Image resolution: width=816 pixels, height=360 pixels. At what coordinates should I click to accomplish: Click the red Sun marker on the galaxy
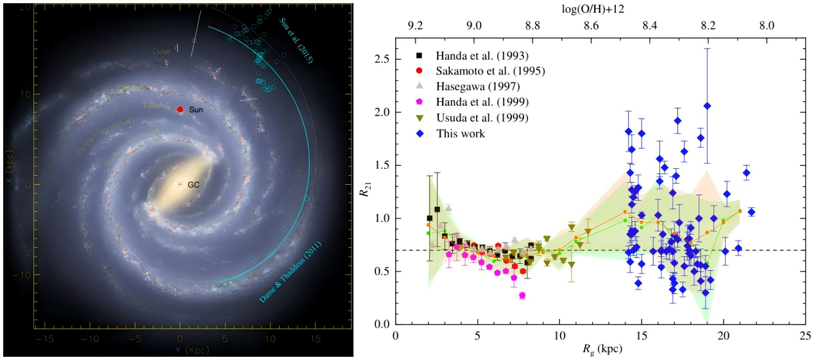pyautogui.click(x=180, y=110)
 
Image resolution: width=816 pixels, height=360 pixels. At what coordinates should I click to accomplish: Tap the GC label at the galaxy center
pyautogui.click(x=194, y=185)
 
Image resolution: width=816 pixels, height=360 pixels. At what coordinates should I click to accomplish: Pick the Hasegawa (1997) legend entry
pyautogui.click(x=470, y=85)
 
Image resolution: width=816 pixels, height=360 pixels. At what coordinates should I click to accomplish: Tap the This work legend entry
pyautogui.click(x=461, y=133)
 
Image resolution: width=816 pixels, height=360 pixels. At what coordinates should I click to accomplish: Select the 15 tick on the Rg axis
pyautogui.click(x=642, y=336)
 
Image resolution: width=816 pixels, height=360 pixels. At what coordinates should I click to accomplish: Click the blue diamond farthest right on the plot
pyautogui.click(x=751, y=212)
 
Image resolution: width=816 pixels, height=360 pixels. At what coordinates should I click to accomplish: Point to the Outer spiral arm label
pyautogui.click(x=162, y=51)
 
